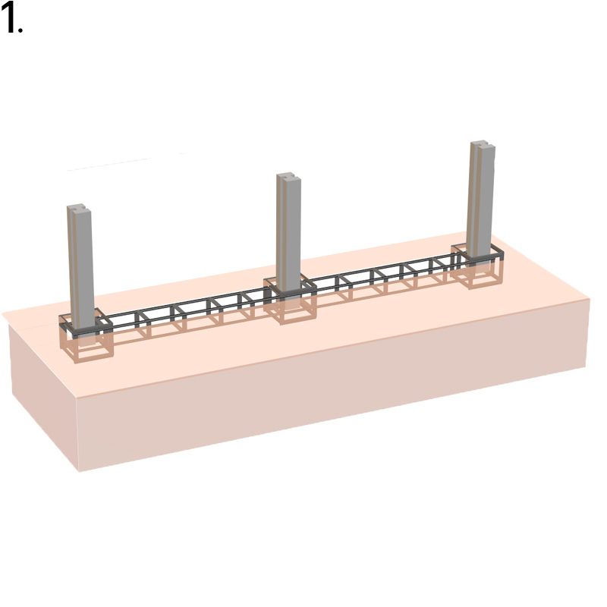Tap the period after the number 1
20,30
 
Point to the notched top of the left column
79,208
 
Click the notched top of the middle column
289,178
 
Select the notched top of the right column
483,145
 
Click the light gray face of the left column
85,267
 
